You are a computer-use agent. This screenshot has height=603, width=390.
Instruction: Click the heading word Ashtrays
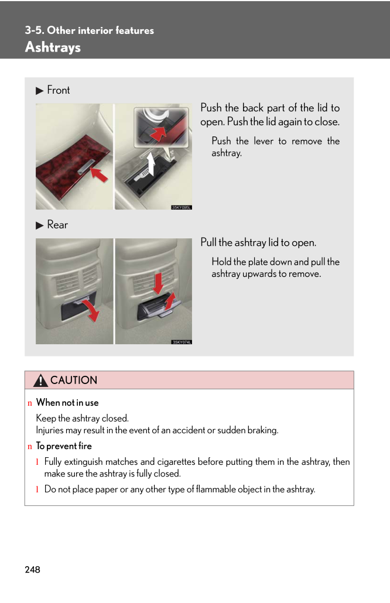coord(53,47)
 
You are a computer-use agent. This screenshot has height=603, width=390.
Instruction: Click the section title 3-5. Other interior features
coord(89,30)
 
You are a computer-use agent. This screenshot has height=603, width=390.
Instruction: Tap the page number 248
coord(33,570)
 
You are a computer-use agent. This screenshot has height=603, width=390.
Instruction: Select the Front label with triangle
coord(53,90)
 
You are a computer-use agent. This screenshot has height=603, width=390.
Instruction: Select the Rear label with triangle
coord(52,225)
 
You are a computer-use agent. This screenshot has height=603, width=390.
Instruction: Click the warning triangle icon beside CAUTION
coord(40,381)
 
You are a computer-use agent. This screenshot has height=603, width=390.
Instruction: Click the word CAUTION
coord(74,381)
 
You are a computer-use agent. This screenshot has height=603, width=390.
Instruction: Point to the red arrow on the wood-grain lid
coord(99,174)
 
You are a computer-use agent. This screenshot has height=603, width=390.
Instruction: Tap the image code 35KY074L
coord(181,342)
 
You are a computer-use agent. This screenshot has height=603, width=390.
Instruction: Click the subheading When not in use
coord(67,403)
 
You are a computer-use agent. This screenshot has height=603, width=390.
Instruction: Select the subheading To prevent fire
coord(64,446)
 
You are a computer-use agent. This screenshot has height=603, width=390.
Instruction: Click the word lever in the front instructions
coord(264,141)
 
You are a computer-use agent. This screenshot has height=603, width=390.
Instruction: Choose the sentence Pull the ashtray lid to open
coord(258,242)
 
